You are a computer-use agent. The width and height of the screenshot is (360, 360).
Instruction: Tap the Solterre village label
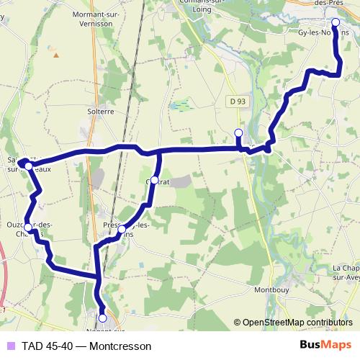tap(101, 112)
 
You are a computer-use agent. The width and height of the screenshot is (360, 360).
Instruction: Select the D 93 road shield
tap(240, 102)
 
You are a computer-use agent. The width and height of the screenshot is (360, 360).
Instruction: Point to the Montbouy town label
tap(272, 290)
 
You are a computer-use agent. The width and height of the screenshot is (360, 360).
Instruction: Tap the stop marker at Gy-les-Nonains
tap(336, 22)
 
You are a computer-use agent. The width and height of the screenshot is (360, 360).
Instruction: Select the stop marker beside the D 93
tap(238, 132)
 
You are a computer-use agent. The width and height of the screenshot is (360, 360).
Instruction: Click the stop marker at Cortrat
tap(154, 181)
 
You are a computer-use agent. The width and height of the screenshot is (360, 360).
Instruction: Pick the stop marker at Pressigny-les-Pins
tap(122, 230)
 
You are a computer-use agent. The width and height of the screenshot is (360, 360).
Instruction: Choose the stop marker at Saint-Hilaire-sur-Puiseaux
tap(28, 166)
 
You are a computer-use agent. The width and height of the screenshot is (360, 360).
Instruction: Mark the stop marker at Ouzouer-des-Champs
tap(27, 228)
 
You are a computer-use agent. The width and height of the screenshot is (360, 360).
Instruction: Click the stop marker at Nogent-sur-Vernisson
tap(102, 318)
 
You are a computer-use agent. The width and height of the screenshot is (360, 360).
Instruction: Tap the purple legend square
tap(9, 346)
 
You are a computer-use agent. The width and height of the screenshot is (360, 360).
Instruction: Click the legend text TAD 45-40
tap(47, 346)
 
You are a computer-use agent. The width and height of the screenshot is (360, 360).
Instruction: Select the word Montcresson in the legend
tap(122, 346)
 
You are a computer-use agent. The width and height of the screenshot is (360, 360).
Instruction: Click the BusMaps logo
tap(325, 346)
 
